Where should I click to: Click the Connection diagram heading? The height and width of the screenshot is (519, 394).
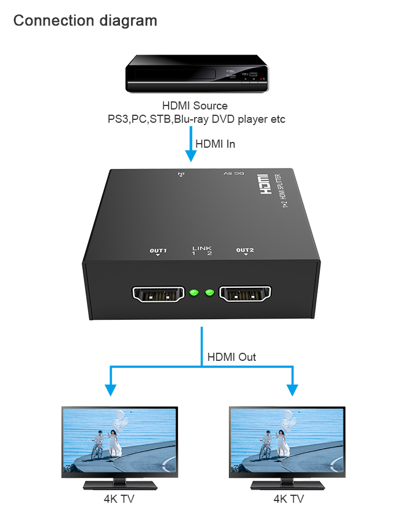[x=85, y=21]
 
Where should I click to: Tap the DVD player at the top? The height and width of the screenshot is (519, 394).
[x=198, y=74]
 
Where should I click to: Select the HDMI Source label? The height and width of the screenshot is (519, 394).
[x=195, y=106]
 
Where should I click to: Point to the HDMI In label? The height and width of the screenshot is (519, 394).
[x=215, y=144]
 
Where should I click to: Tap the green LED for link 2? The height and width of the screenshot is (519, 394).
[x=209, y=293]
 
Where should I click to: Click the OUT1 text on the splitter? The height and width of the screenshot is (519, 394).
[x=158, y=250]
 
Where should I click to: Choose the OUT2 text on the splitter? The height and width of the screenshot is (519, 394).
[x=245, y=250]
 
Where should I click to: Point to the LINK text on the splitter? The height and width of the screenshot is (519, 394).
[x=202, y=248]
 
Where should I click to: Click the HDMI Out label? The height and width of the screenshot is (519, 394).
[x=231, y=357]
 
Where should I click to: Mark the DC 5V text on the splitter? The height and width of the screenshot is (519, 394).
[x=234, y=173]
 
